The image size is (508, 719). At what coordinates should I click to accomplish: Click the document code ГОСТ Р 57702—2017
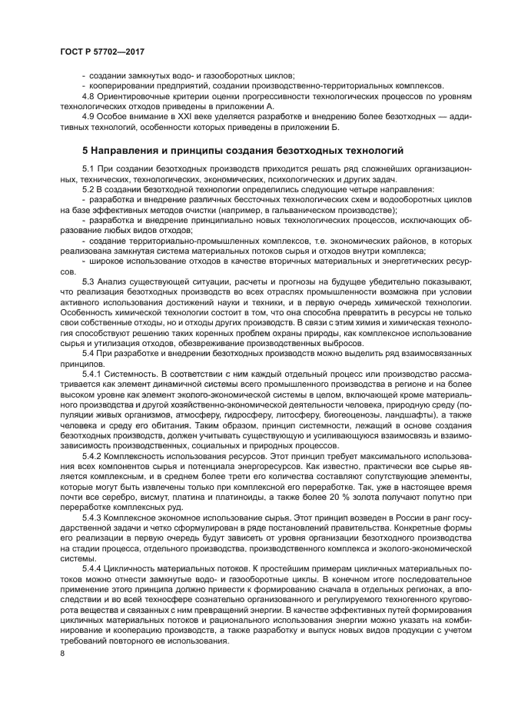[102, 50]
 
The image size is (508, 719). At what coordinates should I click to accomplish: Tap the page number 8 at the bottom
[63, 653]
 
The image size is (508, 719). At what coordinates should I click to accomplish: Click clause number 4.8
[88, 96]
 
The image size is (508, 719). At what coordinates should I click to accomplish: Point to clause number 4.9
[88, 116]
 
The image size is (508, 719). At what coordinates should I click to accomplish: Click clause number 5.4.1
[93, 372]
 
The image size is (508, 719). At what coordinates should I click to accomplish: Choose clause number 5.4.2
[93, 456]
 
